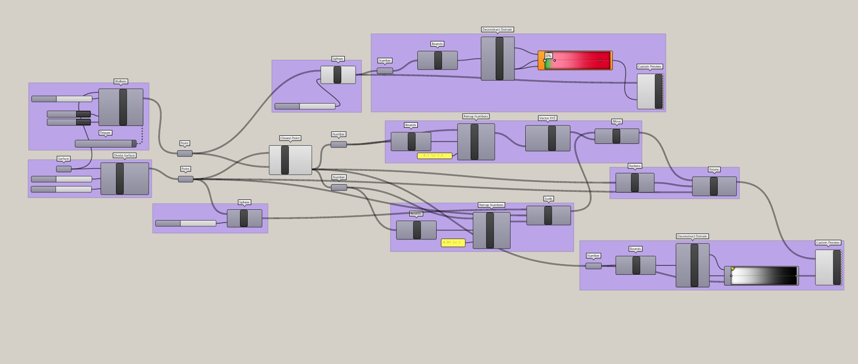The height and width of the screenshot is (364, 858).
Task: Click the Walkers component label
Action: pyautogui.click(x=120, y=82)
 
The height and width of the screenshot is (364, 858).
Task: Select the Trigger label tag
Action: pyautogui.click(x=105, y=133)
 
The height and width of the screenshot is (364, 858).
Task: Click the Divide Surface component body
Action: pyautogui.click(x=124, y=178)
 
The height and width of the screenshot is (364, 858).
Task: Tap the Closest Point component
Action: pyautogui.click(x=290, y=160)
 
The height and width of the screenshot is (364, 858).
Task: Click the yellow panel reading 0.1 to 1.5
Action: pyautogui.click(x=434, y=156)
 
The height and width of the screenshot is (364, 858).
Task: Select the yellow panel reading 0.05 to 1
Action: pyautogui.click(x=453, y=243)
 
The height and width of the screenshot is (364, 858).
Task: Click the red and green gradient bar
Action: pyautogui.click(x=578, y=61)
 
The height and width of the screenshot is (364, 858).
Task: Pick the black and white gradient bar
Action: pyautogui.click(x=764, y=276)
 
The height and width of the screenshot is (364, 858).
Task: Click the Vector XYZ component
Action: pyautogui.click(x=547, y=138)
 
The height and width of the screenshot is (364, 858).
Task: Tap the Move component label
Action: pyautogui.click(x=617, y=121)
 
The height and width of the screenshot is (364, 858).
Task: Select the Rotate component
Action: pyautogui.click(x=714, y=186)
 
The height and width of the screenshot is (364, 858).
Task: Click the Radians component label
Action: pyautogui.click(x=635, y=166)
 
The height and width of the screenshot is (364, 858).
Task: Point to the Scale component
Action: pyautogui.click(x=548, y=216)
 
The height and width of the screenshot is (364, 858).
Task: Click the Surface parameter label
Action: pyautogui.click(x=63, y=159)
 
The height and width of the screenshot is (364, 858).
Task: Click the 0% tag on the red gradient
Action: pyautogui.click(x=549, y=56)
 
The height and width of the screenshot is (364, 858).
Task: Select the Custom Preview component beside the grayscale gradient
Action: pyautogui.click(x=828, y=268)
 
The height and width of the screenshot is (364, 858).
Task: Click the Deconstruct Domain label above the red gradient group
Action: pyautogui.click(x=497, y=30)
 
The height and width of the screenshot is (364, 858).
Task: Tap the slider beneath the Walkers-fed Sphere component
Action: pyautogui.click(x=305, y=106)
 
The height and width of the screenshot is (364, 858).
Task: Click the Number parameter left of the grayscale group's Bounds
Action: pyautogui.click(x=593, y=266)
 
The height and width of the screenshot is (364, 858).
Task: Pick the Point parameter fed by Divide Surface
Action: pyautogui.click(x=186, y=179)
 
